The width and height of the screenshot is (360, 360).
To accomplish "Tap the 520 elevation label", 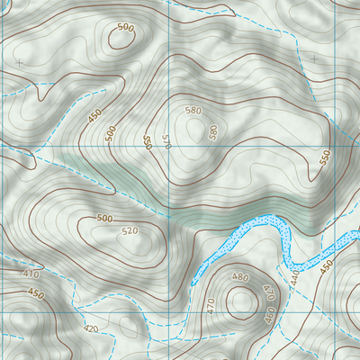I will pyautogui.click(x=130, y=231).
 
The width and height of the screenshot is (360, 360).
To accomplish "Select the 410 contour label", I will pyautogui.click(x=33, y=274).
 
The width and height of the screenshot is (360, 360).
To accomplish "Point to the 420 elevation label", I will pyautogui.click(x=90, y=328).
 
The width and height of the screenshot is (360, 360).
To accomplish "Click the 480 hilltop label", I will pyautogui.click(x=240, y=276).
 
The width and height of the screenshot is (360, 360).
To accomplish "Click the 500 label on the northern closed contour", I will pyautogui.click(x=125, y=28).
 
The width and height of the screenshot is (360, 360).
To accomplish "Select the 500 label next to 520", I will pyautogui.click(x=104, y=219).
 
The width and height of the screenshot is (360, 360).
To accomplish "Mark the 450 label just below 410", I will pyautogui.click(x=35, y=293).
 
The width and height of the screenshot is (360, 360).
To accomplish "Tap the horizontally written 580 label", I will pyautogui.click(x=193, y=111).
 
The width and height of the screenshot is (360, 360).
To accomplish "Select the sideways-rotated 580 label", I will pyautogui.click(x=213, y=131).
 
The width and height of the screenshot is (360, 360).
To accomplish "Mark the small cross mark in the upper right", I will pyautogui.click(x=314, y=58).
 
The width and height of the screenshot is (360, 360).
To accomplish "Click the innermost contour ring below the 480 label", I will pyautogui.click(x=240, y=301).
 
